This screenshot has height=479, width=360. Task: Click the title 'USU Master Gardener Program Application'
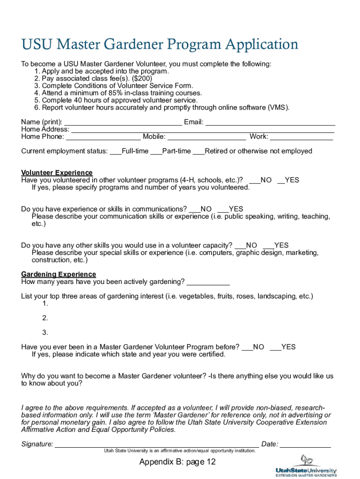point(159,45)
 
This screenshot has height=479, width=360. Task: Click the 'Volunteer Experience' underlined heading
point(57,173)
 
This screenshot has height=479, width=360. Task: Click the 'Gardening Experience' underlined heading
point(59,274)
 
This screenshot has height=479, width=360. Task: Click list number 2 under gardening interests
point(45,318)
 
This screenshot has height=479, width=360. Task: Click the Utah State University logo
point(306,466)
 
